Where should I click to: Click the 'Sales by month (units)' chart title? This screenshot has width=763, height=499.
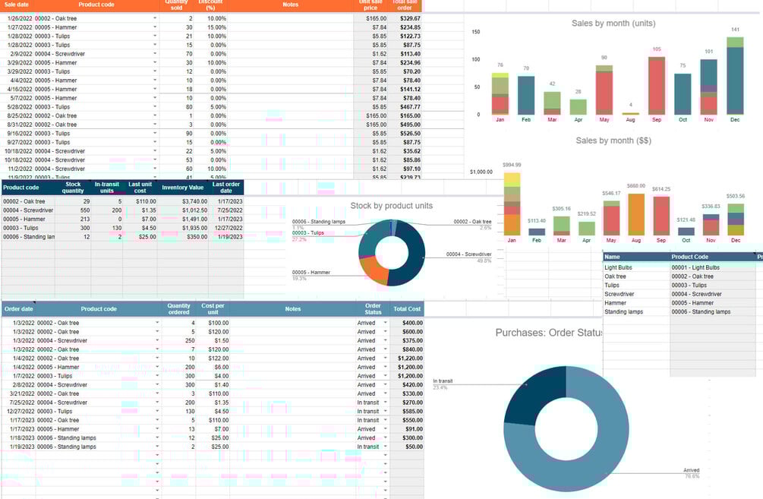pos(613,23)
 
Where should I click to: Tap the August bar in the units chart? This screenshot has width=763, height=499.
pos(630,113)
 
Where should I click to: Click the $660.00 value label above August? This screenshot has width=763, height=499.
pos(635,186)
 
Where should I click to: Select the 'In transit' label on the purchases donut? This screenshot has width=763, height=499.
pos(443,381)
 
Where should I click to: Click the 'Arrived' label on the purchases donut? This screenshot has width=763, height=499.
pos(692,470)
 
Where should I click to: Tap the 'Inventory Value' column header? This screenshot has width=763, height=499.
pos(183,187)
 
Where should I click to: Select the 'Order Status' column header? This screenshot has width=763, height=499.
pos(373,309)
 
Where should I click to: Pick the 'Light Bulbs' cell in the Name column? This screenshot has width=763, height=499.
pos(620,267)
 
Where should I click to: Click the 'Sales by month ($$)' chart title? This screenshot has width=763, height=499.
pos(613,141)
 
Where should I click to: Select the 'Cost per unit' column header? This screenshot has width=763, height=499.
pos(213,309)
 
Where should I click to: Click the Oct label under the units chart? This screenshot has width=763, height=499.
pos(683,120)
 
